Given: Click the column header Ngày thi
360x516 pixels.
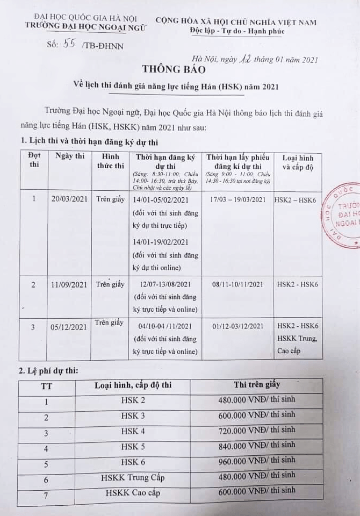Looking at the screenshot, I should click(x=70, y=156).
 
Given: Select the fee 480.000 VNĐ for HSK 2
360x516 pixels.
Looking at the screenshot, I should click(x=257, y=399).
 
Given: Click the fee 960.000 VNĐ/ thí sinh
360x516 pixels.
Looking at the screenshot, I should click(x=257, y=461).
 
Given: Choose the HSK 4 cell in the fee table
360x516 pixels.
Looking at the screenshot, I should click(x=129, y=431).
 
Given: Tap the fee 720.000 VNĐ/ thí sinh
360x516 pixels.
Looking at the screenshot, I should click(x=257, y=430).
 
